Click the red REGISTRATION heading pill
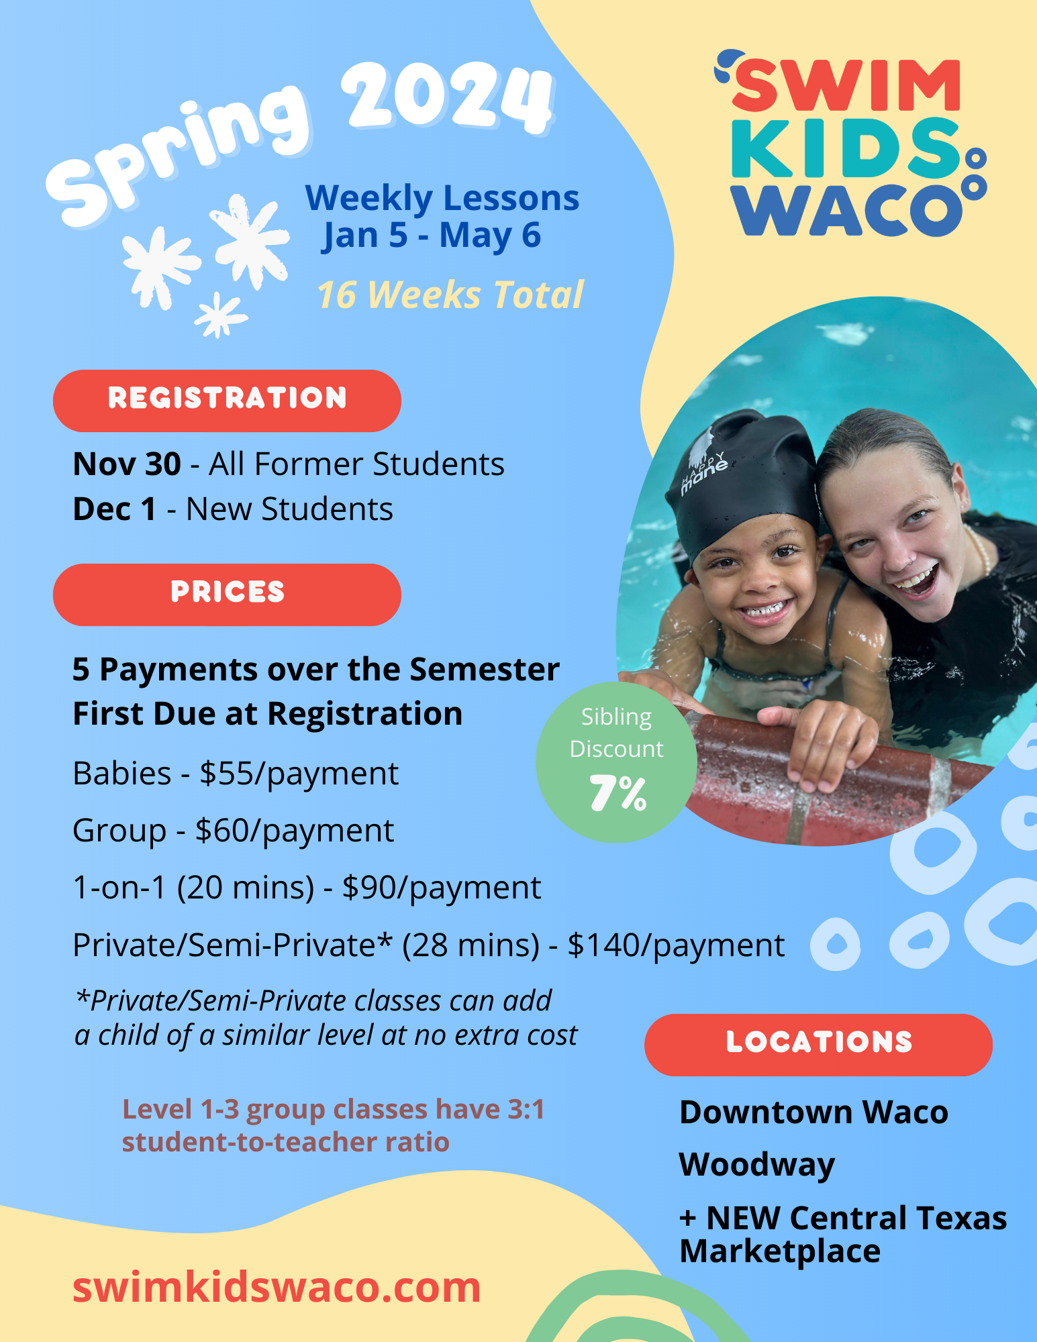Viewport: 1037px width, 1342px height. coord(227,400)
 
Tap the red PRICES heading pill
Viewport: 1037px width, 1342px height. coord(227,594)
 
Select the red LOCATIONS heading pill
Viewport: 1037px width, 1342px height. coord(818,1044)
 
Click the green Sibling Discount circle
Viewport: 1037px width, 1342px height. coord(615,762)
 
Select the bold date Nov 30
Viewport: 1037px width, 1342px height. coord(127,464)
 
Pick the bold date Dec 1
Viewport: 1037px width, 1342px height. coord(114,509)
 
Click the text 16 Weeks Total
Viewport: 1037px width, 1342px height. coord(450,295)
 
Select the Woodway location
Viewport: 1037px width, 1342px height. coord(757,1165)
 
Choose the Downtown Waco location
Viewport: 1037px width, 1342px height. coord(813,1113)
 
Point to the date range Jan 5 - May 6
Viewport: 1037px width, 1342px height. coord(432,236)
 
